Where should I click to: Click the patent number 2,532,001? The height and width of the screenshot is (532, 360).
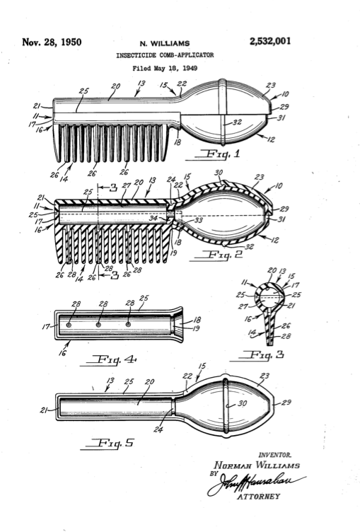[269, 42]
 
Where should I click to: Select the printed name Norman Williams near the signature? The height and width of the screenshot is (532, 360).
[258, 466]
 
